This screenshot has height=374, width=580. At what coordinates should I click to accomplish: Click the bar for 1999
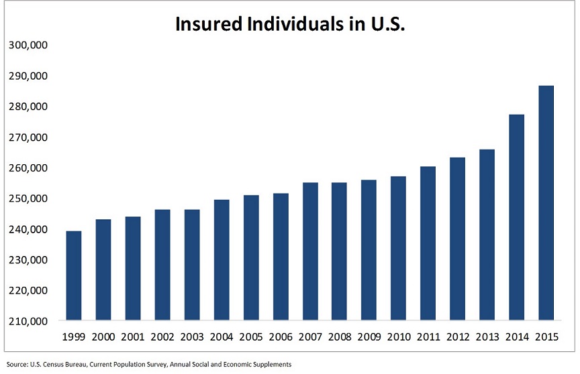click(74, 275)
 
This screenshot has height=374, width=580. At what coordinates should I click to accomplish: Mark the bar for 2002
click(162, 265)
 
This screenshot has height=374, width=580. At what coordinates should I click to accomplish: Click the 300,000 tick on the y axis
click(29, 45)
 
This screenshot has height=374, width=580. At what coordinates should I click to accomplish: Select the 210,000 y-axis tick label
click(29, 321)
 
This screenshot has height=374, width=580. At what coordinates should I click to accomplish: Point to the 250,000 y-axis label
click(29, 198)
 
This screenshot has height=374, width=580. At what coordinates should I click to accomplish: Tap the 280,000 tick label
click(29, 107)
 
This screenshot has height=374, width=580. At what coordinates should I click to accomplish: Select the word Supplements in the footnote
click(271, 365)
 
